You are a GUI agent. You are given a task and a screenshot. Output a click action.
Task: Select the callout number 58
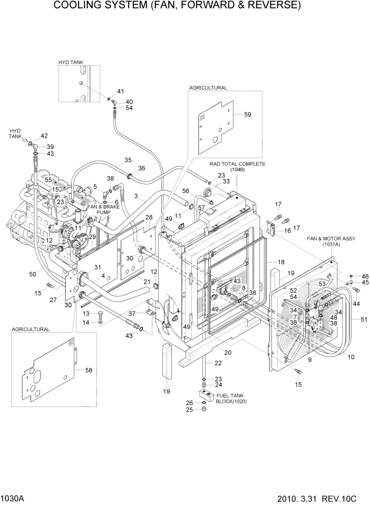click(89, 371)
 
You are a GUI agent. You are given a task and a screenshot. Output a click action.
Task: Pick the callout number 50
click(30, 274)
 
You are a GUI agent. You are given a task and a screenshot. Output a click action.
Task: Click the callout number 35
click(128, 160)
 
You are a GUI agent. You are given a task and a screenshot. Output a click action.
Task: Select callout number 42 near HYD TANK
click(44, 136)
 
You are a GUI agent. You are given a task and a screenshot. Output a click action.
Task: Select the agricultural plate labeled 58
click(50, 369)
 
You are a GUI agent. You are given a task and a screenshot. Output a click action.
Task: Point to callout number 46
click(365, 276)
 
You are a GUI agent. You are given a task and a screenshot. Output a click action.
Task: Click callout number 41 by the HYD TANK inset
click(120, 91)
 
